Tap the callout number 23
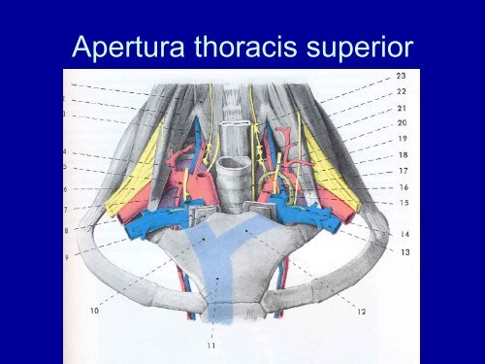tap(401, 76)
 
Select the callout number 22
tap(401, 91)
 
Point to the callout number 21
tap(401, 108)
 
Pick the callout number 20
tap(401, 123)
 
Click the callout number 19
tap(401, 139)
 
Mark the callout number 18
tap(401, 154)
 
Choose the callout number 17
tap(401, 170)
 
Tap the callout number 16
tap(401, 186)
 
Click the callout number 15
tap(401, 202)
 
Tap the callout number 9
tap(67, 257)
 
